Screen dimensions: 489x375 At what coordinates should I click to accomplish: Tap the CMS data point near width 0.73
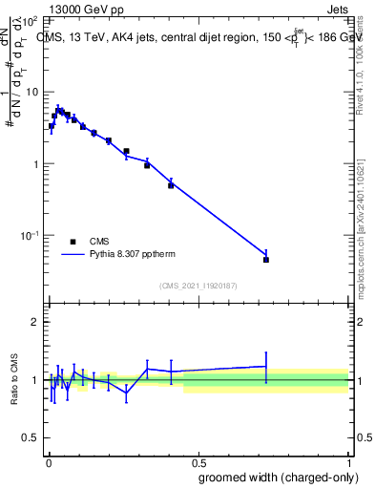click(266, 260)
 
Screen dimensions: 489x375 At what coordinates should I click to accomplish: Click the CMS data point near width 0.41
click(171, 185)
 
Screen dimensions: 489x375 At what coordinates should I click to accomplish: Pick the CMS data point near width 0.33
click(147, 165)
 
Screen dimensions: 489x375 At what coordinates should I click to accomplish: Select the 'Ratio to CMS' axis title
click(13, 379)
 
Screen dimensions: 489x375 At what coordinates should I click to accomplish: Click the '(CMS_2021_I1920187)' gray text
click(198, 286)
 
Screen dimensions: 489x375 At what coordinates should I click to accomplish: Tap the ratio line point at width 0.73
click(266, 366)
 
